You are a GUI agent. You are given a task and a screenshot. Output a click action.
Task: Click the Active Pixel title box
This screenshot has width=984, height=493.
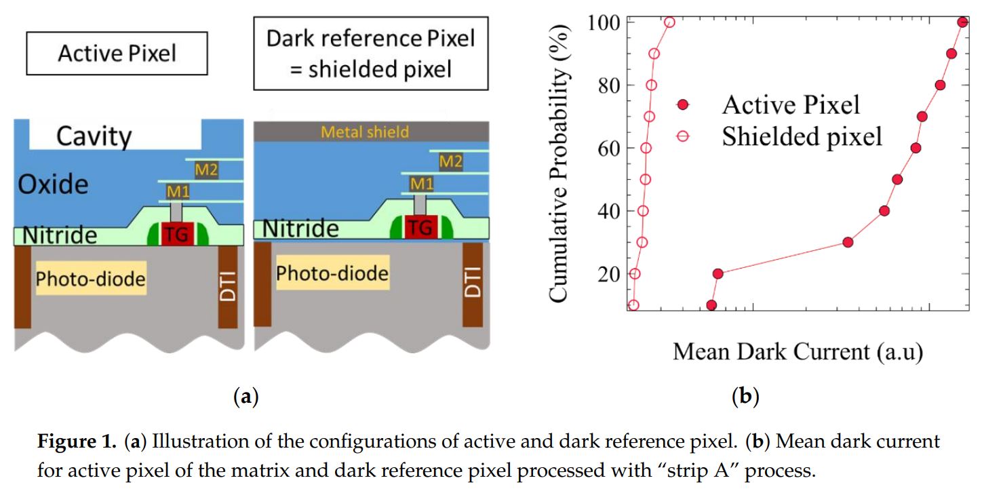coord(117,54)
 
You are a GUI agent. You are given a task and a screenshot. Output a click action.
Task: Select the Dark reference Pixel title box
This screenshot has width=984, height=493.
coord(370,54)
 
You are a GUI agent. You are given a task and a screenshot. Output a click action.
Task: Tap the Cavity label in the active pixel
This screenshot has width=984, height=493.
coord(94,136)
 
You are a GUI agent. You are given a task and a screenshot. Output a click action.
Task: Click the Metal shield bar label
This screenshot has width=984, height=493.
coord(365,132)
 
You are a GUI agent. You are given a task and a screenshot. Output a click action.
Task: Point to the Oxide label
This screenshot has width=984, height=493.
coord(53,184)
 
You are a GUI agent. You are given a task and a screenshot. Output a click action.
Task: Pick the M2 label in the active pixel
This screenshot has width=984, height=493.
coord(206,170)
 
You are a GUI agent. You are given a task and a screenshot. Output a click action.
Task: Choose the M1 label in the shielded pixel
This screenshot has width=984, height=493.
coord(422,183)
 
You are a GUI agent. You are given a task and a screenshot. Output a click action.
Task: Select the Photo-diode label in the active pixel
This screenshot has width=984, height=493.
coord(91,279)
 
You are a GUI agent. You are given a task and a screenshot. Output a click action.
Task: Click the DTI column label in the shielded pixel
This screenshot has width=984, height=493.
coord(473,281)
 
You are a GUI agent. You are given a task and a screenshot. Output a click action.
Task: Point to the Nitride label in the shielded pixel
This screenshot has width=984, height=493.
coord(300,229)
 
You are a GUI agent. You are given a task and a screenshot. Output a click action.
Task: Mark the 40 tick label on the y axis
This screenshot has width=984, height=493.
coord(608,211)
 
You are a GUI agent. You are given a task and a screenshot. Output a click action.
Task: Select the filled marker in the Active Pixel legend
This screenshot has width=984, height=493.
coord(683,104)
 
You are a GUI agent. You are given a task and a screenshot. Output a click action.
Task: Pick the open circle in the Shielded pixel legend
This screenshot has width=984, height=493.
coord(683,136)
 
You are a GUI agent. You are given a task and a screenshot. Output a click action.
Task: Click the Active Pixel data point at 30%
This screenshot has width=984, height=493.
coord(848,242)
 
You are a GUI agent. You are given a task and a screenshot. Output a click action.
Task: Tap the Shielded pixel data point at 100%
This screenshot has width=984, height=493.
coord(669,22)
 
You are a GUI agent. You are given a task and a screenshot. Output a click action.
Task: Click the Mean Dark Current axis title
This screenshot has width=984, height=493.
coord(798,352)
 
